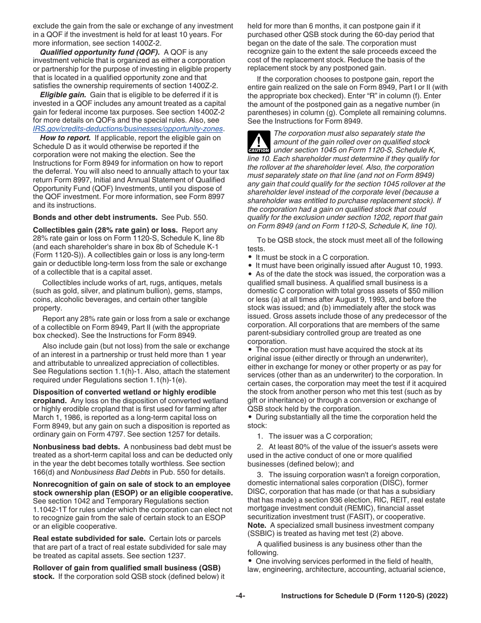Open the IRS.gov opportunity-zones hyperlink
(128, 129)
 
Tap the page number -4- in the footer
(240, 596)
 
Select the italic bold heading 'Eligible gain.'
(63, 95)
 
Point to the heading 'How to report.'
(65, 138)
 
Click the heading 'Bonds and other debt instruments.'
(95, 217)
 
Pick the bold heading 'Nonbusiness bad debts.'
(76, 447)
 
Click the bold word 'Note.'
(257, 525)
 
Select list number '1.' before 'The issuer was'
(260, 436)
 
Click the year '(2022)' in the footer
(436, 596)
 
